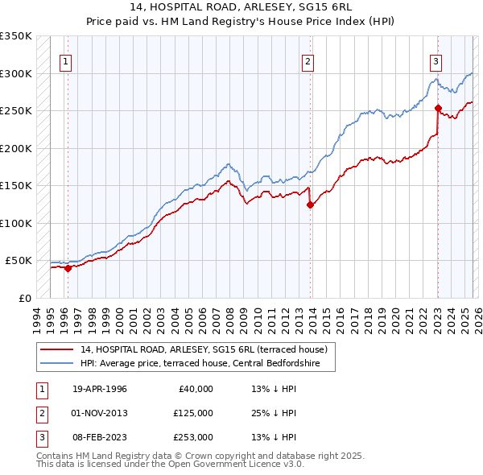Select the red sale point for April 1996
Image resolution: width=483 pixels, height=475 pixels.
[x=68, y=269]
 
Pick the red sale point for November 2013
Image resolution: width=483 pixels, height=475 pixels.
[x=310, y=204]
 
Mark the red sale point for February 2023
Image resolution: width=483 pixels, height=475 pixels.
[x=438, y=108]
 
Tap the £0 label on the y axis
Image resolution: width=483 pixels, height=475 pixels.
[x=24, y=298]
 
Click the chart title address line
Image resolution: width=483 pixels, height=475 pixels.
[x=241, y=6]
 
